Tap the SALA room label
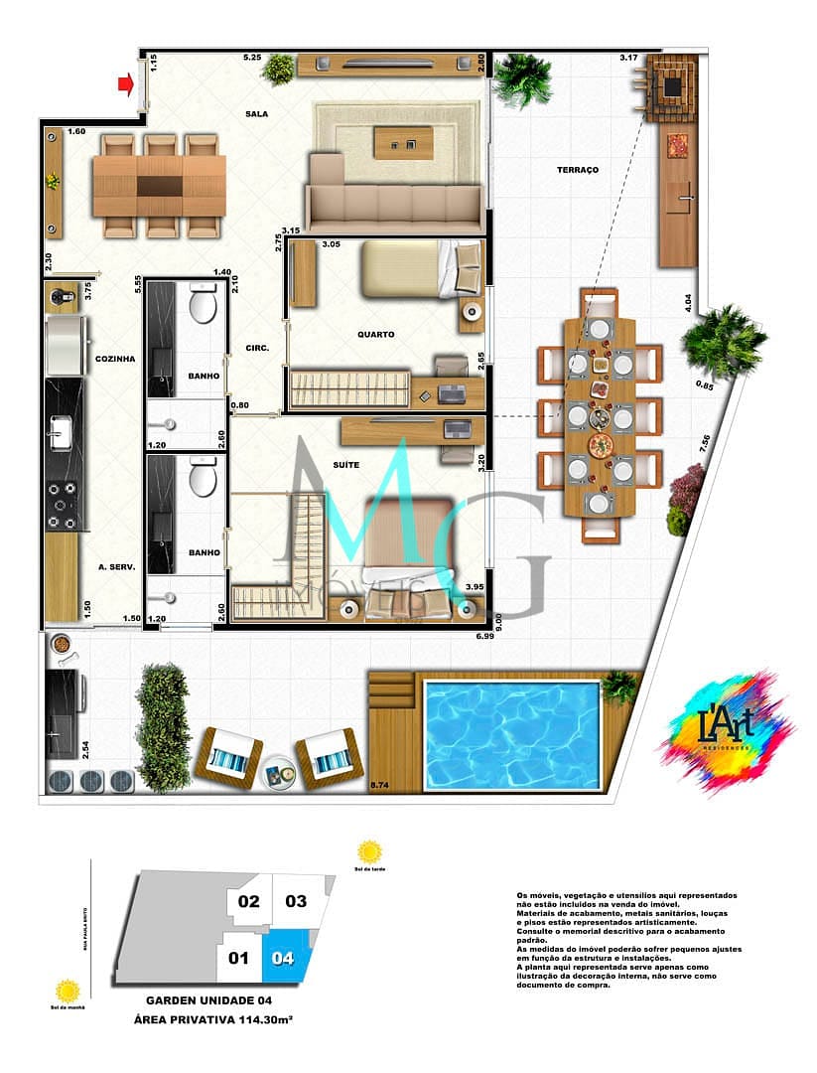tap(257, 114)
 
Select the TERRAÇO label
tap(578, 170)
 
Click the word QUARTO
tap(377, 335)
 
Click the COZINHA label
tap(114, 359)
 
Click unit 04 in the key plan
tap(286, 959)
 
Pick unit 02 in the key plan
tap(248, 902)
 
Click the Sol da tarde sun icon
tap(369, 851)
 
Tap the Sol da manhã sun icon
tap(68, 991)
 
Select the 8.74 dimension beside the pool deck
tap(378, 786)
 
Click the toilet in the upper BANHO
tap(204, 305)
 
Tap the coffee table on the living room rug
tap(402, 144)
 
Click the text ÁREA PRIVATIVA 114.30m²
tap(210, 1019)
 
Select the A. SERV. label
tap(115, 568)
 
